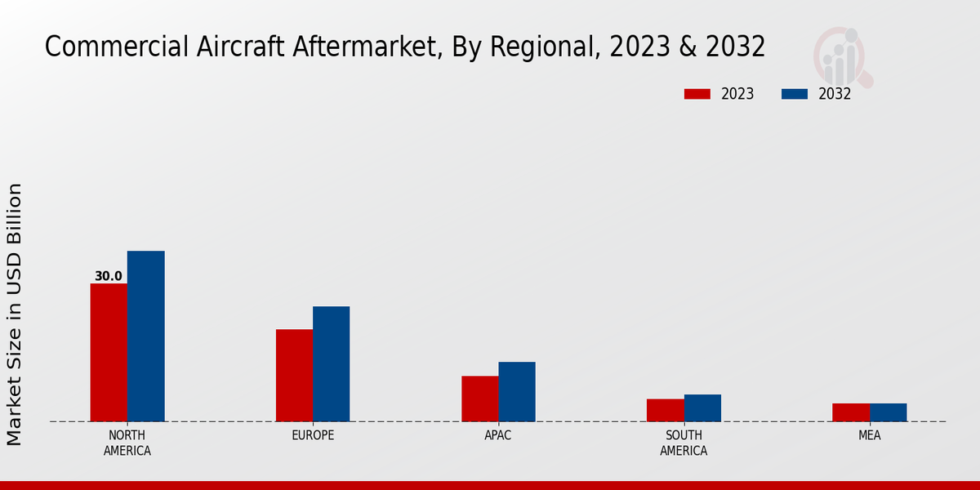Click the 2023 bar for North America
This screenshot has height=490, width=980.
pyautogui.click(x=109, y=353)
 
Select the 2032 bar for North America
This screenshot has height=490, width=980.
pyautogui.click(x=145, y=336)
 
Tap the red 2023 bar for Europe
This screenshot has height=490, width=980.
pyautogui.click(x=294, y=376)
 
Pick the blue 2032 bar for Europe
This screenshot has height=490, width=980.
pyautogui.click(x=331, y=364)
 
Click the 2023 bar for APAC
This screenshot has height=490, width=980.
pyautogui.click(x=479, y=399)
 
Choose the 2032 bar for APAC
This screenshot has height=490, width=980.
pyautogui.click(x=517, y=392)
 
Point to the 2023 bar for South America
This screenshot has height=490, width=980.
pyautogui.click(x=665, y=410)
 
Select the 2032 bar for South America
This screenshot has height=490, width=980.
pyautogui.click(x=702, y=408)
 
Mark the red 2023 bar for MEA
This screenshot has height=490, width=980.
pyautogui.click(x=851, y=412)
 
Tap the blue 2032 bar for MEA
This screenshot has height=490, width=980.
pyautogui.click(x=888, y=412)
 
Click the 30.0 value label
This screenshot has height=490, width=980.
pyautogui.click(x=109, y=276)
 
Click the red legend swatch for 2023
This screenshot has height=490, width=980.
pyautogui.click(x=697, y=94)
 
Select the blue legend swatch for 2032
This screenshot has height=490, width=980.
pyautogui.click(x=794, y=94)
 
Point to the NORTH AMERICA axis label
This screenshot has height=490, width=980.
pyautogui.click(x=127, y=443)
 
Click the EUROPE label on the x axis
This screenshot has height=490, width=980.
pyautogui.click(x=313, y=435)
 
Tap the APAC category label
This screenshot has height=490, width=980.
pyautogui.click(x=498, y=435)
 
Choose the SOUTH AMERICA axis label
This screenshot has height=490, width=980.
pyautogui.click(x=684, y=443)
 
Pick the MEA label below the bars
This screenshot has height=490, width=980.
pyautogui.click(x=870, y=435)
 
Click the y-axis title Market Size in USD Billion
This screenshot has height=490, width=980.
pyautogui.click(x=15, y=314)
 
